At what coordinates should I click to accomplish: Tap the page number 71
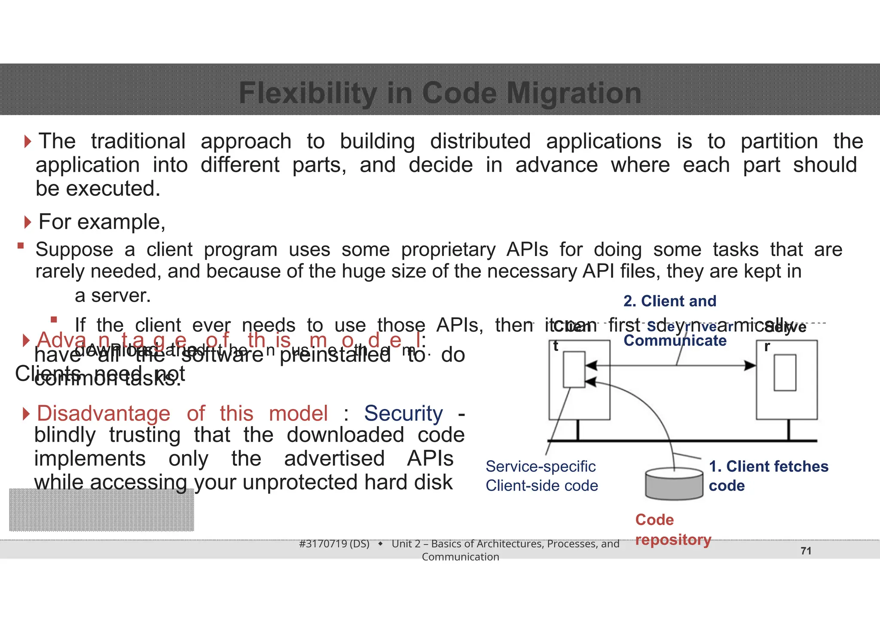point(806,551)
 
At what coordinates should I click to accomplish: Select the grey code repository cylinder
point(674,485)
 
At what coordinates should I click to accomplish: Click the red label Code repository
point(672,530)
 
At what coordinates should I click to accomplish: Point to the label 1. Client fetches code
point(768,476)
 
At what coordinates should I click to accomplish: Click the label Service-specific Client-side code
point(541,476)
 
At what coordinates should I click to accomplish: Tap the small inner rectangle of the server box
point(785,372)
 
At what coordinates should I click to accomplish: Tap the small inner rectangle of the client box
point(574,369)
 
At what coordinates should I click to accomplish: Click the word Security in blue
point(403,413)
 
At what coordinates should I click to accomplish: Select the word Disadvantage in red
point(104,413)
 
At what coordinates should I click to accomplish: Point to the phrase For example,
point(102,222)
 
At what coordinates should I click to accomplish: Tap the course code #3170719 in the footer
point(334,544)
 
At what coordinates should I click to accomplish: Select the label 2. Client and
point(669,301)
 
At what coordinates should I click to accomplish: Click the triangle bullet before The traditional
point(28,141)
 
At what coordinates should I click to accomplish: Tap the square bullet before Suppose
point(20,246)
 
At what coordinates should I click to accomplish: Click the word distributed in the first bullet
point(480,141)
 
